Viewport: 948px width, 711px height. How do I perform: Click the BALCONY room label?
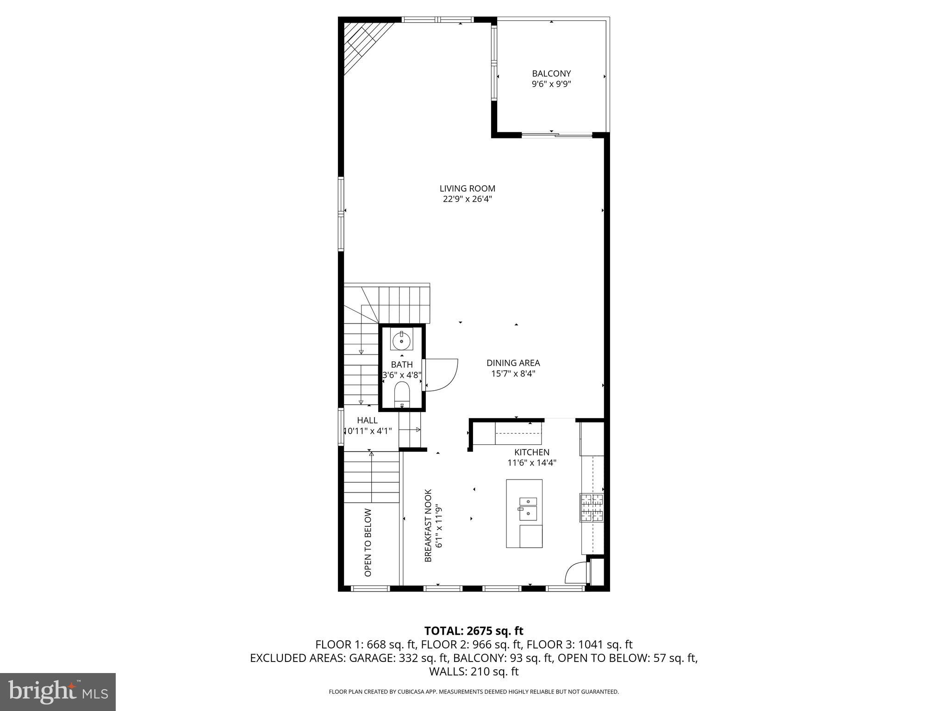tap(551, 74)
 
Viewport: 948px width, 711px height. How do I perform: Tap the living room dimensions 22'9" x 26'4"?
tap(467, 200)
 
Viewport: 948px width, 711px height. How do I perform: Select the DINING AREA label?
tap(513, 363)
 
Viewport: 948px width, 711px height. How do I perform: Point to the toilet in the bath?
tap(402, 395)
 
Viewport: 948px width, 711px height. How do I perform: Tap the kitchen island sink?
tap(528, 508)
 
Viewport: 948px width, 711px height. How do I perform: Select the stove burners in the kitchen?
tap(592, 508)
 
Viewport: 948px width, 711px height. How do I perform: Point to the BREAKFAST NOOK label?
tap(428, 525)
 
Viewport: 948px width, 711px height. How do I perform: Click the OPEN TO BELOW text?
tap(368, 543)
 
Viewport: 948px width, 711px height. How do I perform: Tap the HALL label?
tap(367, 420)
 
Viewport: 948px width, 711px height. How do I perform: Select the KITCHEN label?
tap(531, 452)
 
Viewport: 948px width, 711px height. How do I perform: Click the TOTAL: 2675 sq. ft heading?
tap(474, 631)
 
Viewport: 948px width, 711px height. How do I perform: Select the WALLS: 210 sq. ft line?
tap(474, 672)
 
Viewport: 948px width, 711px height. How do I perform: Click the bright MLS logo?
tap(58, 692)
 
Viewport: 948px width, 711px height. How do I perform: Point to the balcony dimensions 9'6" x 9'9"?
tap(551, 84)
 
